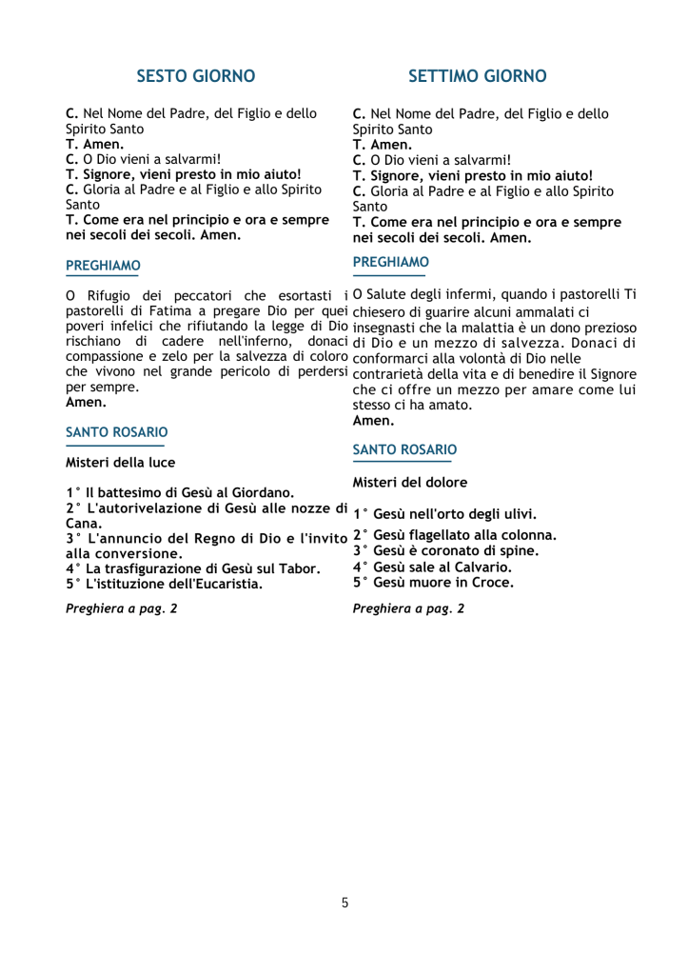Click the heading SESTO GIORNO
pyautogui.click(x=195, y=75)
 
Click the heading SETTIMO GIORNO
pyautogui.click(x=478, y=75)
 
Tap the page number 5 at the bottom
pyautogui.click(x=344, y=903)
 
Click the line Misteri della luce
pyautogui.click(x=120, y=463)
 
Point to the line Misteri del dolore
pyautogui.click(x=410, y=483)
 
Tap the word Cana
pyautogui.click(x=81, y=524)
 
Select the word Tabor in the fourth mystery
pyautogui.click(x=301, y=568)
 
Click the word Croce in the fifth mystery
pyautogui.click(x=492, y=582)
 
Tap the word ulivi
pyautogui.click(x=517, y=514)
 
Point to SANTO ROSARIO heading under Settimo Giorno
pyautogui.click(x=404, y=449)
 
